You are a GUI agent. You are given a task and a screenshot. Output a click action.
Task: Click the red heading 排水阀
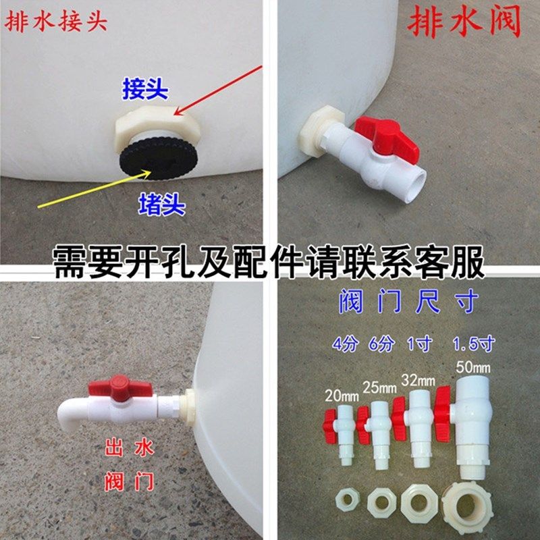[464, 24]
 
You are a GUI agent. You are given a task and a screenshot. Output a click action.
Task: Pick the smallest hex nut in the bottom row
[348, 502]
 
